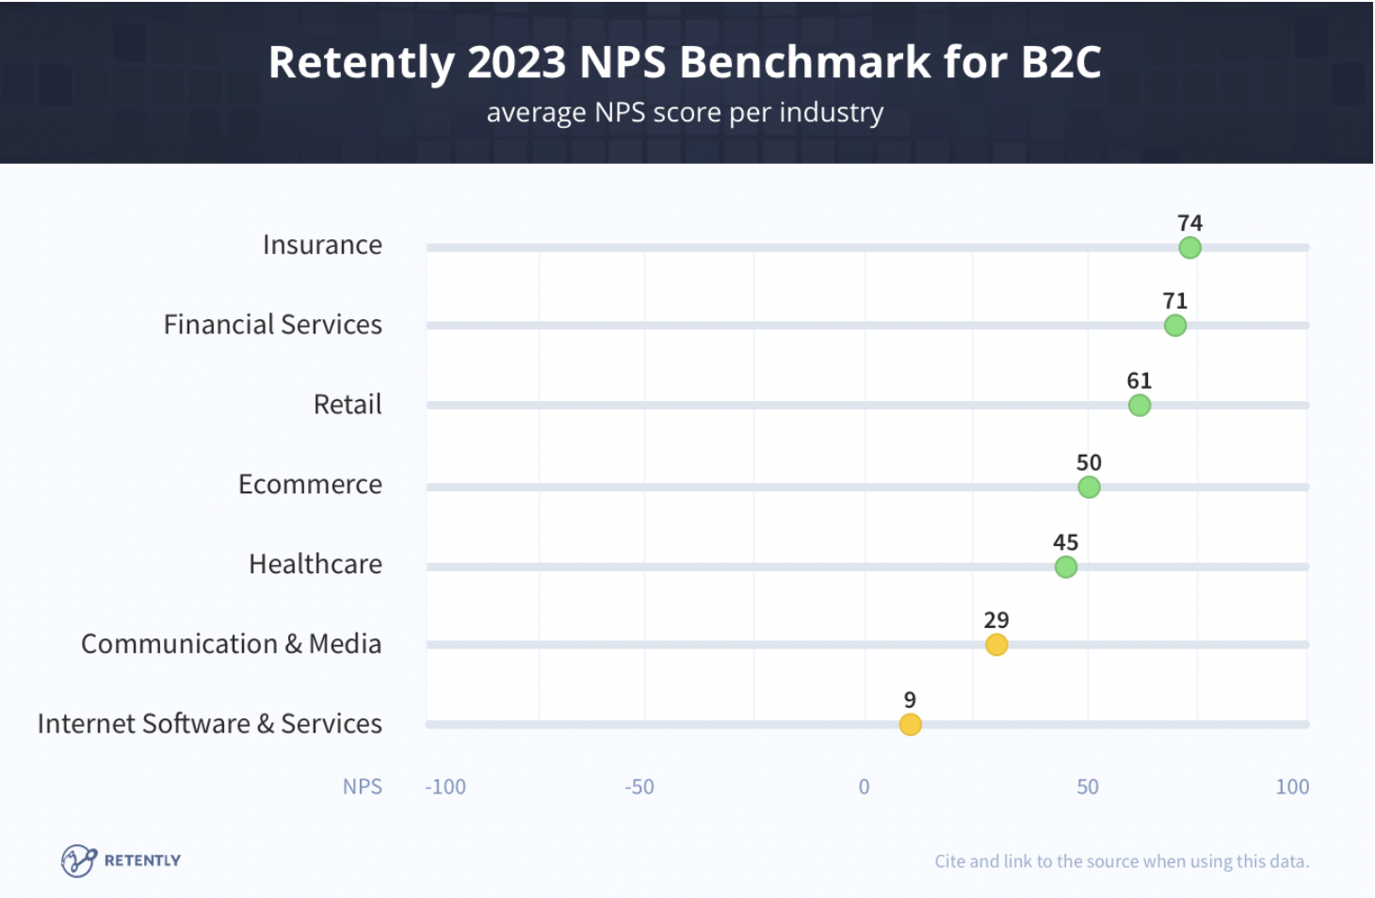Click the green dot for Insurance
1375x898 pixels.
(x=1189, y=248)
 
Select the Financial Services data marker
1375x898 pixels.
(x=1174, y=326)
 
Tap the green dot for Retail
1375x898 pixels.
(x=1139, y=406)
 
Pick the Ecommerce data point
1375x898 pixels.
(x=1089, y=487)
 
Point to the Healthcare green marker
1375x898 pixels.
(x=1065, y=567)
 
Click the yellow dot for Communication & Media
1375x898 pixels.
(x=996, y=645)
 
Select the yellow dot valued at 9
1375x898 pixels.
(x=910, y=724)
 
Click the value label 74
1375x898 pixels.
(x=1189, y=223)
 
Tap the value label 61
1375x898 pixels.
(x=1139, y=380)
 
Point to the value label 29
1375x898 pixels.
(x=996, y=620)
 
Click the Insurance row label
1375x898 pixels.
(x=322, y=245)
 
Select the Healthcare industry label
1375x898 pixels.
(x=315, y=564)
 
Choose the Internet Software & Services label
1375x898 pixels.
(x=210, y=724)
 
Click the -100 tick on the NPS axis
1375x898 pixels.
(x=445, y=787)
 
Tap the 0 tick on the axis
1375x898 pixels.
(x=864, y=787)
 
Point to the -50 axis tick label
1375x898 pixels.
(x=639, y=787)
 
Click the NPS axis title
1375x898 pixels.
(x=363, y=787)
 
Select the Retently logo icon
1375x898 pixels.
(x=79, y=860)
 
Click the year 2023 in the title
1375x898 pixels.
(x=516, y=62)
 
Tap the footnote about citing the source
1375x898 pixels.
(x=1122, y=861)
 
